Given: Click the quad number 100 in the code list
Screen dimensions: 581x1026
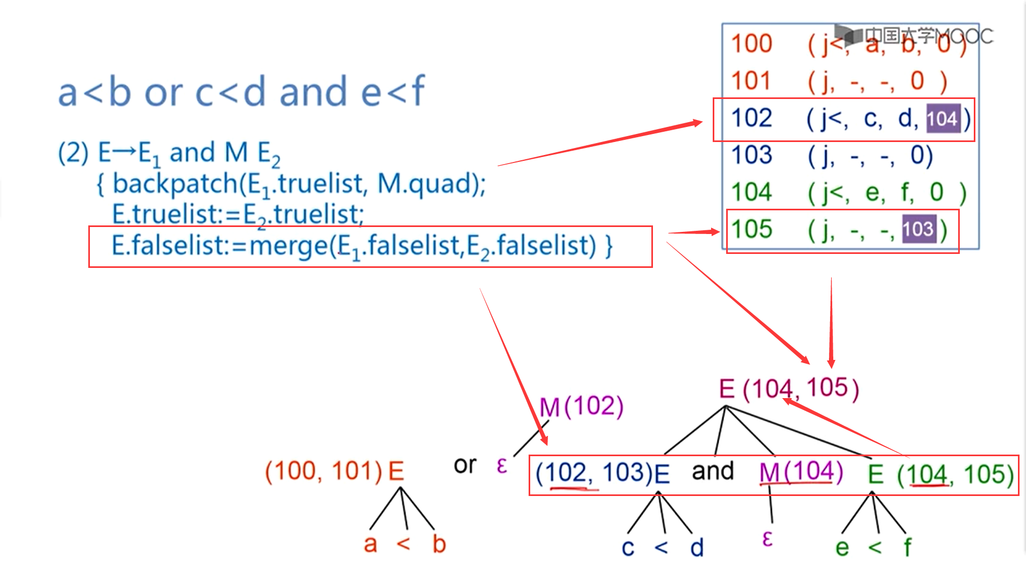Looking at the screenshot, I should pyautogui.click(x=751, y=44).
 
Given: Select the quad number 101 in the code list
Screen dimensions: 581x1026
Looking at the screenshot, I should pyautogui.click(x=751, y=81).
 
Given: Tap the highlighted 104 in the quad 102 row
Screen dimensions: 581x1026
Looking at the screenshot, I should pyautogui.click(x=942, y=119).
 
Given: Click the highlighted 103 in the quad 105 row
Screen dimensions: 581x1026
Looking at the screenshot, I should pyautogui.click(x=918, y=229).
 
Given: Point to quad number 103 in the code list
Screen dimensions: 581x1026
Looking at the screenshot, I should pyautogui.click(x=751, y=155).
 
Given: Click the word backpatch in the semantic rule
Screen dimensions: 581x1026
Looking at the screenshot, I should pyautogui.click(x=174, y=184).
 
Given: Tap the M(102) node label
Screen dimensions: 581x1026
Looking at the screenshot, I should pyautogui.click(x=581, y=407).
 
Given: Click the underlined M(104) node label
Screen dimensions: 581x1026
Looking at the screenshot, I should pyautogui.click(x=800, y=472).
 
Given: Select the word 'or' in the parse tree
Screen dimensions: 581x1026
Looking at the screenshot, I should pyautogui.click(x=465, y=465).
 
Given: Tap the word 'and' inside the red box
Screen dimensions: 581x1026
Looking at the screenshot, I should pyautogui.click(x=713, y=471).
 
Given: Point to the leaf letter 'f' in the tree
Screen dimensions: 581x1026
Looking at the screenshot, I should pyautogui.click(x=908, y=547).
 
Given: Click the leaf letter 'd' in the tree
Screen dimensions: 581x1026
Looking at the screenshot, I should pyautogui.click(x=697, y=548).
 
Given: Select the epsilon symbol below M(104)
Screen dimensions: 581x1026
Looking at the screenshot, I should pyautogui.click(x=768, y=539).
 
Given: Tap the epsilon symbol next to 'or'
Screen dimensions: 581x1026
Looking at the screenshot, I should pyautogui.click(x=502, y=465).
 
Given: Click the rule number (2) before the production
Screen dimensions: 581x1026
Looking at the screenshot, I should pyautogui.click(x=73, y=153).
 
